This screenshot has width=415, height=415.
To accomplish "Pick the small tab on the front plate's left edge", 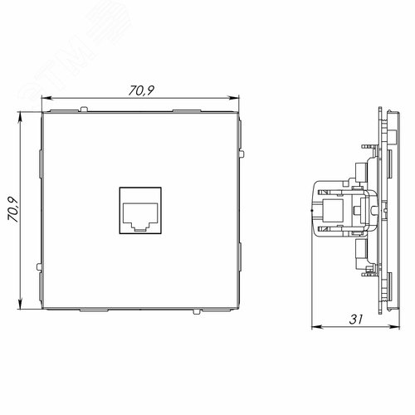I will pos(40,266).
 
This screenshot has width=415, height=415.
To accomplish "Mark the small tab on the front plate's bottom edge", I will pos(194,313).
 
